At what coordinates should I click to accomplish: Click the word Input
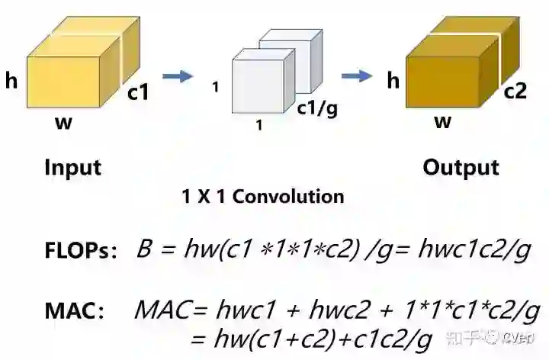[x=73, y=167]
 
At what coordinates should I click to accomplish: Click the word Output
[x=461, y=167]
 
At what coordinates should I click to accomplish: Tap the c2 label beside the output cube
[x=515, y=92]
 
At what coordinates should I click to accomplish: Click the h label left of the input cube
[x=11, y=80]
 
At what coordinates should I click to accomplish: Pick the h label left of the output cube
[x=393, y=79]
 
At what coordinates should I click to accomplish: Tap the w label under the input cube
[x=64, y=122]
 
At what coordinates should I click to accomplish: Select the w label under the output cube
[x=442, y=121]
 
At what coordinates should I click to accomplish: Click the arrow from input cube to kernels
[x=178, y=76]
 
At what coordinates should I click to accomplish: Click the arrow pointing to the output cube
[x=356, y=76]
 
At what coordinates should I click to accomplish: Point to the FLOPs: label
[x=80, y=249]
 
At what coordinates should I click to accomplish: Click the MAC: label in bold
[x=74, y=310]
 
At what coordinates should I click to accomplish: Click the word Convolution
[x=288, y=197]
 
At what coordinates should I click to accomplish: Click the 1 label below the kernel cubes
[x=259, y=127]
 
